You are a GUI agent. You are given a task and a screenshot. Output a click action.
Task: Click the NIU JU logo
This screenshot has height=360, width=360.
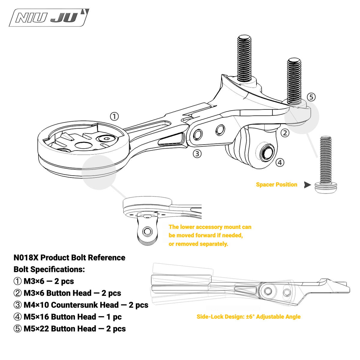click(49, 18)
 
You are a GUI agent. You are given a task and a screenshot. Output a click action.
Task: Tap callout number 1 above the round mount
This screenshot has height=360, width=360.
click(114, 116)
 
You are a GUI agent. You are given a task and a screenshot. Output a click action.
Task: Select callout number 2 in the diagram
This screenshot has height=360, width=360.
click(285, 133)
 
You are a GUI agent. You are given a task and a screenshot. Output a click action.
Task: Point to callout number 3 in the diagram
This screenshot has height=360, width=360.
click(197, 154)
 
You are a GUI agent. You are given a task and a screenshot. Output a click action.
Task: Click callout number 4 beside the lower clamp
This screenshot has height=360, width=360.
click(280, 162)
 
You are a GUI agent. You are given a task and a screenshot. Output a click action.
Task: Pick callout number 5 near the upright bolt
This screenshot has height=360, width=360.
click(311, 97)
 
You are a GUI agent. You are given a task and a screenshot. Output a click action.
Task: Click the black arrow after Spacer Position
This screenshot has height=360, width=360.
click(307, 185)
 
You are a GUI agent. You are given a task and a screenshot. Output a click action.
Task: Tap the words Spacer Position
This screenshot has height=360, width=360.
click(277, 184)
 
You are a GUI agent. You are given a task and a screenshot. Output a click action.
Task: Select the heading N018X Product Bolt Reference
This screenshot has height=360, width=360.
click(69, 258)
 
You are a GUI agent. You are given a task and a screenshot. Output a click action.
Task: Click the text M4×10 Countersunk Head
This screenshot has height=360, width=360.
click(71, 305)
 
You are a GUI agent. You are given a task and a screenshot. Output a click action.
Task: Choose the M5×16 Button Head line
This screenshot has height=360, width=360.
click(67, 317)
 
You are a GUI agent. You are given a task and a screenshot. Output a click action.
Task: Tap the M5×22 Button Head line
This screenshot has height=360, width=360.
click(70, 329)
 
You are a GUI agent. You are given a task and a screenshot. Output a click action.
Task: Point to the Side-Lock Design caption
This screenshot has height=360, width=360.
click(248, 317)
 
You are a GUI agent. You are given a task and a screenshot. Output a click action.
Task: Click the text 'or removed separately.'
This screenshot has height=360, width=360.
click(198, 244)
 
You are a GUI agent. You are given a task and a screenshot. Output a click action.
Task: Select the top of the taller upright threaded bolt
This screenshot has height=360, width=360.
click(244, 38)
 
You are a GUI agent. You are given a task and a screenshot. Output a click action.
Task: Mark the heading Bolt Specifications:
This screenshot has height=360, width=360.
click(49, 269)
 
